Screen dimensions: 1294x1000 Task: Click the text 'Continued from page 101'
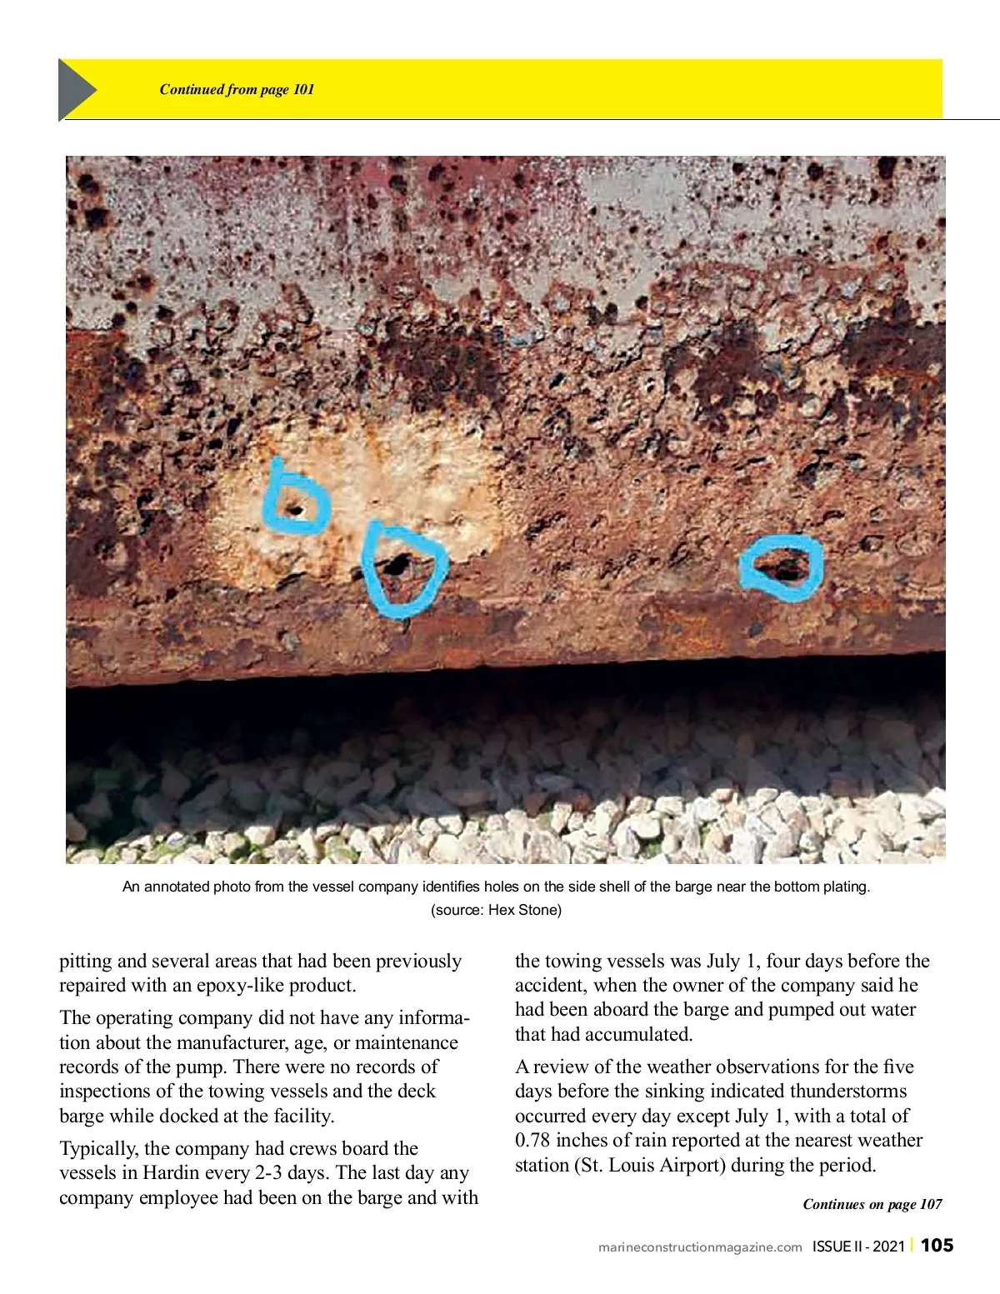(x=237, y=89)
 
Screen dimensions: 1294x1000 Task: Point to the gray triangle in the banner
(x=76, y=89)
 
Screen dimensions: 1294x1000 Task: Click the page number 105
(x=937, y=1245)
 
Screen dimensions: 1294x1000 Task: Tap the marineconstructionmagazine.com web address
(x=700, y=1247)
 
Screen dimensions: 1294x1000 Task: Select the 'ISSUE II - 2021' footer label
(x=858, y=1247)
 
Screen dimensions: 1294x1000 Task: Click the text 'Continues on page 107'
(x=872, y=1204)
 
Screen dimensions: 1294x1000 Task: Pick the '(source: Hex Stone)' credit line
(x=496, y=910)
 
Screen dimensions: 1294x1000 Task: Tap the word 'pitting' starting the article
(x=87, y=962)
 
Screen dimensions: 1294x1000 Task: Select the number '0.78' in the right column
(x=532, y=1141)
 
